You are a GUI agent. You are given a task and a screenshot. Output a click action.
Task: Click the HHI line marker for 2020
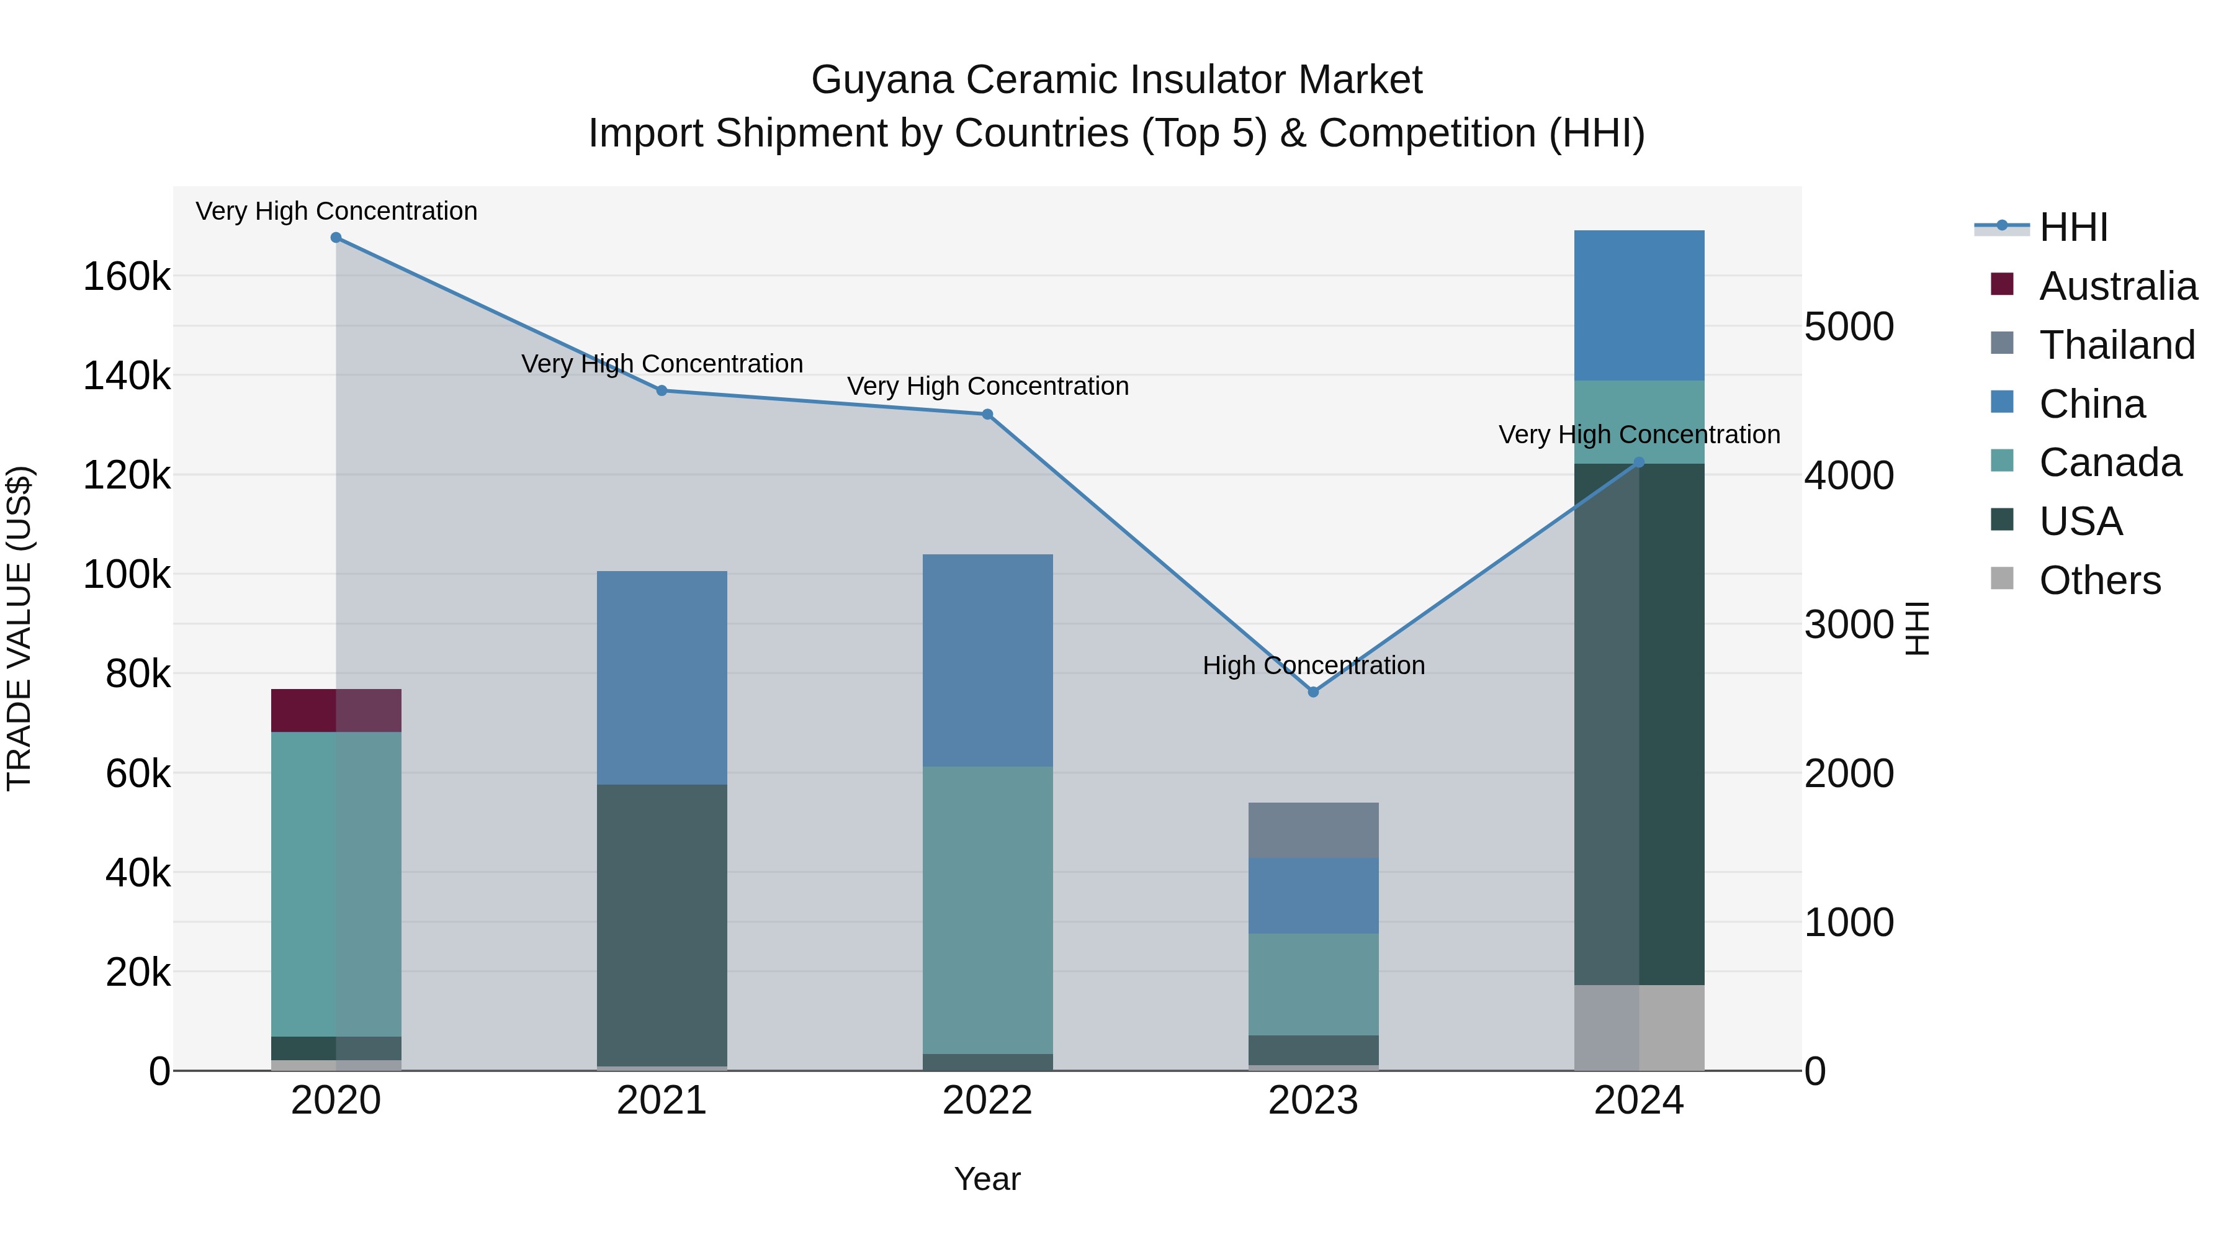tap(336, 238)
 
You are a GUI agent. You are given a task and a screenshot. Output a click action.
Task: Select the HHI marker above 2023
tap(1313, 692)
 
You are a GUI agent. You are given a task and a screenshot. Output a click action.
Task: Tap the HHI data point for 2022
tap(987, 415)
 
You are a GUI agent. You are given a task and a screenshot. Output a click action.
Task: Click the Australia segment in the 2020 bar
tap(336, 711)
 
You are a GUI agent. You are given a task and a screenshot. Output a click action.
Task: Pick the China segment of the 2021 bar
tap(662, 677)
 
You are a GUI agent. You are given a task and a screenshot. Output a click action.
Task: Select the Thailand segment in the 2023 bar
tap(1313, 830)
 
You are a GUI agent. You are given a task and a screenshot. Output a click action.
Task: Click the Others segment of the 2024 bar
tap(1639, 1027)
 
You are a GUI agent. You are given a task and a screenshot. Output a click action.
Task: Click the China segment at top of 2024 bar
tap(1639, 305)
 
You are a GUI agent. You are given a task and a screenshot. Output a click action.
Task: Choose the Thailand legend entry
tap(2116, 345)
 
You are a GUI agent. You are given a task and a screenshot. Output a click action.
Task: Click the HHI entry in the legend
tap(2073, 227)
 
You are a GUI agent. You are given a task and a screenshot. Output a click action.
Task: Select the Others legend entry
tap(2099, 580)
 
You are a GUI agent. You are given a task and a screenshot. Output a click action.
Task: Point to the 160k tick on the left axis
tap(127, 277)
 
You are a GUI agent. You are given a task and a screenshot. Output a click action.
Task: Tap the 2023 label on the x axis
tap(1313, 1101)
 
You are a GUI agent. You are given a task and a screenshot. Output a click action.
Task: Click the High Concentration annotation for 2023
tap(1313, 665)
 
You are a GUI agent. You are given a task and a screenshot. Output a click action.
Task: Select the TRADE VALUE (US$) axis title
tap(19, 628)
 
